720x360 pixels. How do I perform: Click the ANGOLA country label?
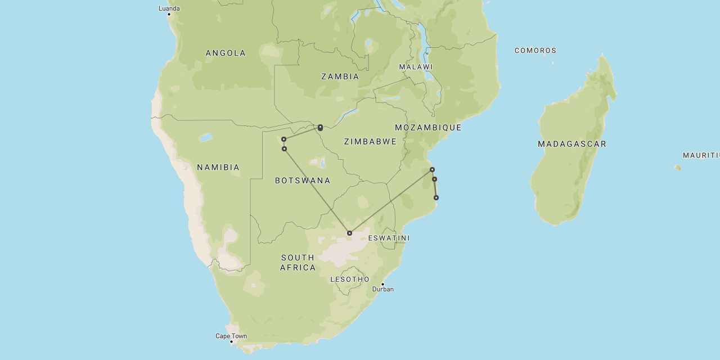click(x=226, y=53)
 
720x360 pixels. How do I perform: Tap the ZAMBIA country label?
click(x=340, y=76)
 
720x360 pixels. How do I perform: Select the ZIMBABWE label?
click(x=370, y=142)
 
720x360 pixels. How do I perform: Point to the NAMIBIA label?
click(x=218, y=168)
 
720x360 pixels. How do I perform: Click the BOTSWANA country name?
click(x=303, y=181)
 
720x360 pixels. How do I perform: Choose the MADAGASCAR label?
click(x=572, y=144)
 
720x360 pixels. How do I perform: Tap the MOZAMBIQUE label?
click(x=428, y=128)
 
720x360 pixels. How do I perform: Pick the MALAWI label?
click(x=416, y=67)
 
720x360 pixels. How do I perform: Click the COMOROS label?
click(x=535, y=51)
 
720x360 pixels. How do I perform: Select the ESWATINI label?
click(x=389, y=238)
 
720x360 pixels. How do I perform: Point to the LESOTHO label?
click(x=350, y=280)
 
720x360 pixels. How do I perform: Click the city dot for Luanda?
click(x=169, y=14)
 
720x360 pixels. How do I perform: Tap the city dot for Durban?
click(x=382, y=284)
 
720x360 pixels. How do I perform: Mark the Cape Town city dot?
click(x=231, y=341)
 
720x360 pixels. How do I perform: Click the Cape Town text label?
click(x=231, y=336)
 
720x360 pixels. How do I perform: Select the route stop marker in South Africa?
click(x=349, y=233)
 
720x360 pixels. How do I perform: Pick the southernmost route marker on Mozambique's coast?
click(x=436, y=198)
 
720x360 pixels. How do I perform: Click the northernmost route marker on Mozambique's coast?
click(x=432, y=169)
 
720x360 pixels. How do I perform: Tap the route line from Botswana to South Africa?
click(x=317, y=191)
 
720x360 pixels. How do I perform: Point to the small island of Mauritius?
click(x=678, y=168)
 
